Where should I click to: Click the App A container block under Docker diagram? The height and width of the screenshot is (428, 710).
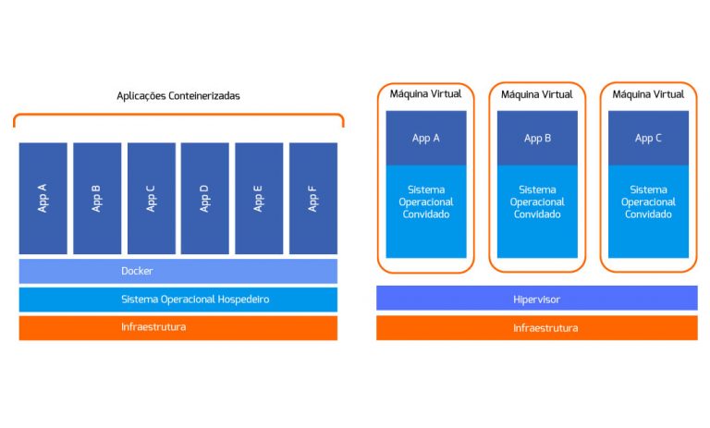[43, 198]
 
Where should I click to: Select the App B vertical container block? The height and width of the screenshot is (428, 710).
[97, 198]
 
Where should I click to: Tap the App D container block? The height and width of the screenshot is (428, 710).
[205, 198]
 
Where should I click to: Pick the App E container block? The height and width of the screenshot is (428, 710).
[259, 198]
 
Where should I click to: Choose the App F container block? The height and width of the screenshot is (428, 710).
[313, 198]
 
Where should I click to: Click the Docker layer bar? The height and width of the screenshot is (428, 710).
[177, 271]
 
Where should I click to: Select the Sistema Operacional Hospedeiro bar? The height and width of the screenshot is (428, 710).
[177, 300]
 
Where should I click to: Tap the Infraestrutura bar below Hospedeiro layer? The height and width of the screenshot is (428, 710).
[177, 327]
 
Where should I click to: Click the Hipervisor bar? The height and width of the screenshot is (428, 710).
[536, 299]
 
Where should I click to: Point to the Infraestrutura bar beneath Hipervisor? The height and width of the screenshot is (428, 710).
[536, 327]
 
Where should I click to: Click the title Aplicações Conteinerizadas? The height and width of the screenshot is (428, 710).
[178, 95]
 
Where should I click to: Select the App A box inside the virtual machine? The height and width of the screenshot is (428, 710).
[425, 138]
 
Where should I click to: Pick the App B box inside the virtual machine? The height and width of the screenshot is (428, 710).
[537, 138]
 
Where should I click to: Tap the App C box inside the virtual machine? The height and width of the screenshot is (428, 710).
[648, 138]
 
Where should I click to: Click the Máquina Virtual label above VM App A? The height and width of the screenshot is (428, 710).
[425, 94]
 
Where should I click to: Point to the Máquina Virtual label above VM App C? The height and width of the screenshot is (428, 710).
[648, 94]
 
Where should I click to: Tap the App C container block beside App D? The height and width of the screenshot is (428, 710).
[151, 198]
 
